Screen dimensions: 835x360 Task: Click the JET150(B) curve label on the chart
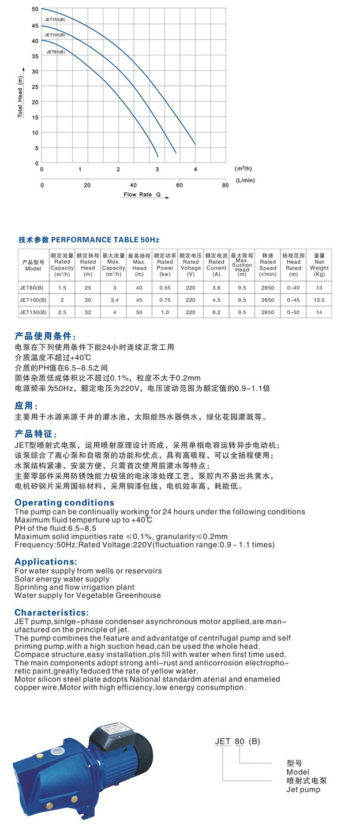pyautogui.click(x=55, y=20)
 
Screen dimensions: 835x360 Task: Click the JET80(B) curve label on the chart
pyautogui.click(x=54, y=51)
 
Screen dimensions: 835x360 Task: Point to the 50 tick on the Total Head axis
pyautogui.click(x=35, y=9)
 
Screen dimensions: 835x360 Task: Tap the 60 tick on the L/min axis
pyautogui.click(x=179, y=185)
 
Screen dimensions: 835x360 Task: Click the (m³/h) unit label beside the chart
pyautogui.click(x=243, y=169)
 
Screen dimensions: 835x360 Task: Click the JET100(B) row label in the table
pyautogui.click(x=33, y=300)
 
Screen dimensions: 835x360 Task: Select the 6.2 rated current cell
pyautogui.click(x=216, y=312)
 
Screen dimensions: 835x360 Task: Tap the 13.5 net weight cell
pyautogui.click(x=319, y=300)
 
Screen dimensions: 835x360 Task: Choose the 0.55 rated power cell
pyautogui.click(x=165, y=288)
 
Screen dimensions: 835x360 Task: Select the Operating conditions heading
pyautogui.click(x=64, y=503)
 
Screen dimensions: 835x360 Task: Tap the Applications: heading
pyautogui.click(x=46, y=561)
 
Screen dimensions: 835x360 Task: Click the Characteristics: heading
pyautogui.click(x=52, y=612)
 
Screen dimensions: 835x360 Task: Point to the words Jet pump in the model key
pyautogui.click(x=303, y=789)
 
